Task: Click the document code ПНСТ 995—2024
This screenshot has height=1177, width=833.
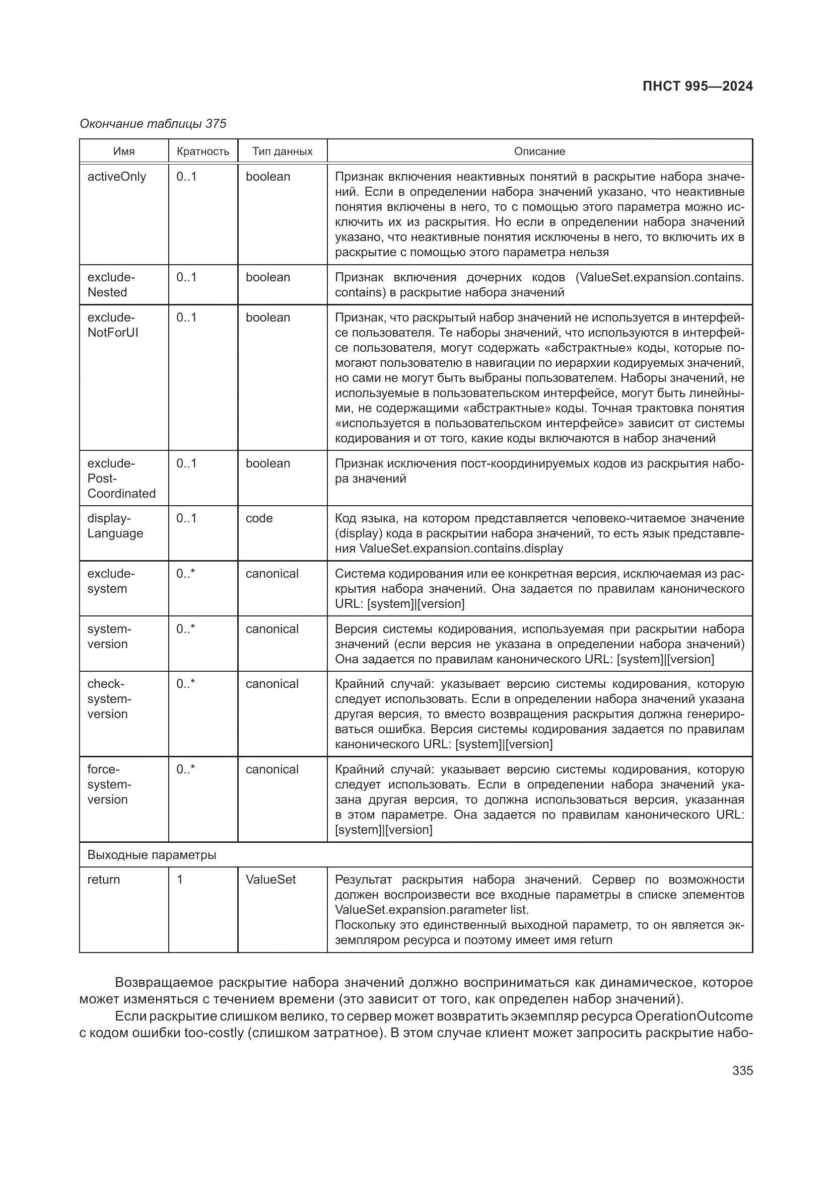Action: click(x=697, y=86)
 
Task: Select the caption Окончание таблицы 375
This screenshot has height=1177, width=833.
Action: click(x=153, y=124)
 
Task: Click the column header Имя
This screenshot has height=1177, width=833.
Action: click(x=123, y=151)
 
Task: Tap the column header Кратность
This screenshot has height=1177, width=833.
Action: click(x=202, y=151)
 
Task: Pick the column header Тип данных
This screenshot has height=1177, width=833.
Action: click(x=282, y=151)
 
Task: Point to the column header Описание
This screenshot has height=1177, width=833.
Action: click(x=539, y=151)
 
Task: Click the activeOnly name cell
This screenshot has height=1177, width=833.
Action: click(x=116, y=177)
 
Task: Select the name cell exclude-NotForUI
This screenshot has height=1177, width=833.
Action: click(x=113, y=325)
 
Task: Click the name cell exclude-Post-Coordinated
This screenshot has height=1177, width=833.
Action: click(x=121, y=478)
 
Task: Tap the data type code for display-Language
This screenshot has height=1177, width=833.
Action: click(x=259, y=518)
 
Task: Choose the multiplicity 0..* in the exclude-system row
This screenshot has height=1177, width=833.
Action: click(x=185, y=574)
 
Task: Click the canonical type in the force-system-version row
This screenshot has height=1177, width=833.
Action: click(x=272, y=769)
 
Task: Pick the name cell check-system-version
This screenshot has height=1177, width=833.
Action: click(x=109, y=699)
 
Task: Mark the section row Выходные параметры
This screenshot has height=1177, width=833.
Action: click(x=151, y=855)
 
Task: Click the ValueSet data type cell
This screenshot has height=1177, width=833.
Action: click(x=270, y=880)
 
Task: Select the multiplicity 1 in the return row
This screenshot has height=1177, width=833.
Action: click(x=180, y=880)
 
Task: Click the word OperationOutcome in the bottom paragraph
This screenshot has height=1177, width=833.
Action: click(x=693, y=1016)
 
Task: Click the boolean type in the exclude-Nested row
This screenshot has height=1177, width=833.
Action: click(x=268, y=277)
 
